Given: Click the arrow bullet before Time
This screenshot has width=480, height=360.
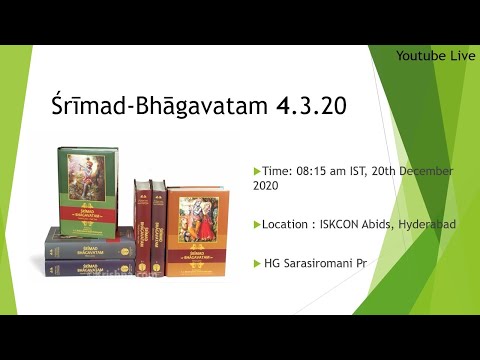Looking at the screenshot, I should (257, 171).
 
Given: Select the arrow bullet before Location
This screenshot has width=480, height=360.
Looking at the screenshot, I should (257, 224).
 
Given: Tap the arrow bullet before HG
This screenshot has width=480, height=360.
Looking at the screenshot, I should (257, 263).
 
